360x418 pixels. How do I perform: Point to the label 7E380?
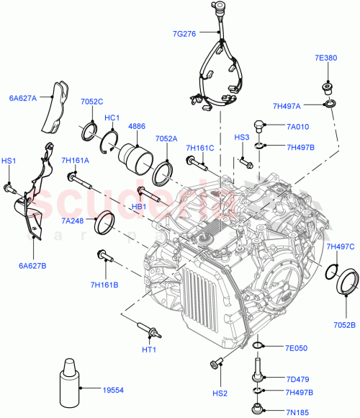[325, 59]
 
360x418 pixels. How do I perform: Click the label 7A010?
[297, 127]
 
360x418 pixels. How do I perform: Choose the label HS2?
[220, 392]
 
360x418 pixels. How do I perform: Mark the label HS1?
[9, 161]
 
